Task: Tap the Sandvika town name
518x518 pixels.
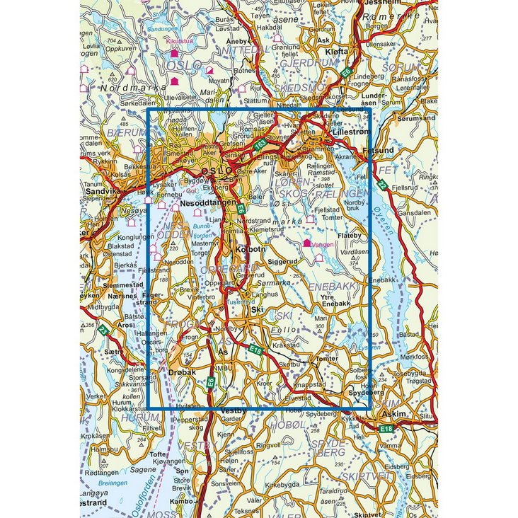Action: click(x=100, y=191)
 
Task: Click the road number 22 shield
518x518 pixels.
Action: click(x=382, y=185)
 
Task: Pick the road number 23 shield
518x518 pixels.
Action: click(x=103, y=330)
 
